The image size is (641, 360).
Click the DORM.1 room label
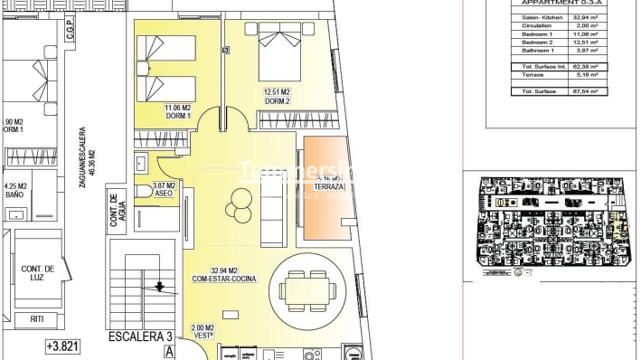[x=176, y=114]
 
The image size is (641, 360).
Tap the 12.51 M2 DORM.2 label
[x=277, y=96]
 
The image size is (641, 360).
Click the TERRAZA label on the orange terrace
[x=331, y=187]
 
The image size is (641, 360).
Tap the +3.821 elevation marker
[x=61, y=346]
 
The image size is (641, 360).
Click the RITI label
[x=37, y=318]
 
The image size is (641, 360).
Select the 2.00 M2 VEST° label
[x=203, y=331]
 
